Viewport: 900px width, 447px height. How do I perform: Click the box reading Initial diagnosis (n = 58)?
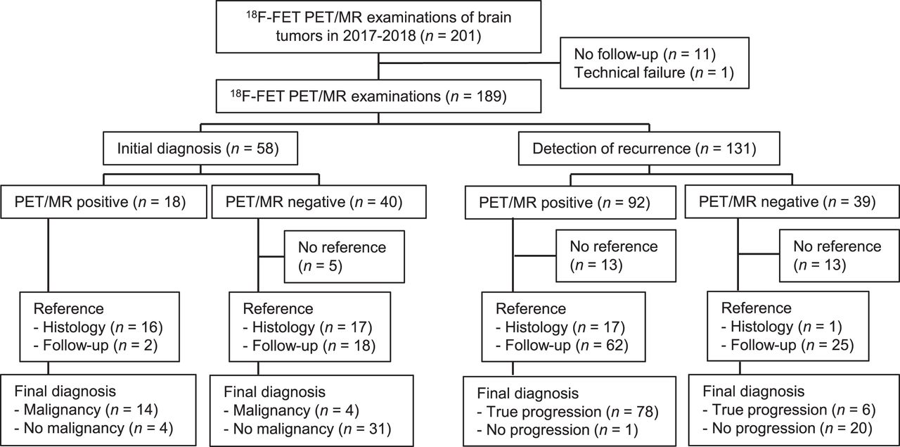pyautogui.click(x=200, y=148)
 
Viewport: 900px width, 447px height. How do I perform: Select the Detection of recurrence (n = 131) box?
pyautogui.click(x=649, y=149)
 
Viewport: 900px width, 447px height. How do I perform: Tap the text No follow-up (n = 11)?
pyautogui.click(x=645, y=54)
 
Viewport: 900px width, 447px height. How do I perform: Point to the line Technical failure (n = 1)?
pyautogui.click(x=654, y=73)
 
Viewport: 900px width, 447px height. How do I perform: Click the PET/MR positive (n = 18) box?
pyautogui.click(x=103, y=201)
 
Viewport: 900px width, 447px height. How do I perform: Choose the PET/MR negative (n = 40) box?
pyautogui.click(x=319, y=201)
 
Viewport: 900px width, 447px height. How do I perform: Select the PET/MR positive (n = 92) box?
pyautogui.click(x=570, y=202)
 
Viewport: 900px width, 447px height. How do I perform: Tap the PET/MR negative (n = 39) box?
pyautogui.click(x=792, y=201)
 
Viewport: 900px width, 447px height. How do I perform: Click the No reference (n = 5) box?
pyautogui.click(x=345, y=257)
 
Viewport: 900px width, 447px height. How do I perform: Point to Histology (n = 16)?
pyautogui.click(x=98, y=327)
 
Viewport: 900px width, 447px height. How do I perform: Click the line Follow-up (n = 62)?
pyautogui.click(x=562, y=345)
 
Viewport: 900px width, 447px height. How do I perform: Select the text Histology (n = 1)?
pyautogui.click(x=781, y=327)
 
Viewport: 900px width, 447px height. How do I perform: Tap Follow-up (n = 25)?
pyautogui.click(x=787, y=345)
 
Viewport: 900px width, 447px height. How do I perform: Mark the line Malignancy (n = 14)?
pyautogui.click(x=86, y=410)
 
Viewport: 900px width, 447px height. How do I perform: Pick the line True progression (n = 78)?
pyautogui.click(x=567, y=412)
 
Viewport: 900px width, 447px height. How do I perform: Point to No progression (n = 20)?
pyautogui.click(x=787, y=428)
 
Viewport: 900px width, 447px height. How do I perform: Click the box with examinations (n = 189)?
pyautogui.click(x=378, y=96)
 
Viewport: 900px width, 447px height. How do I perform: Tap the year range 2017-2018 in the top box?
pyautogui.click(x=379, y=36)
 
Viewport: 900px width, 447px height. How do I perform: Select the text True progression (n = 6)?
pyautogui.click(x=789, y=410)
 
